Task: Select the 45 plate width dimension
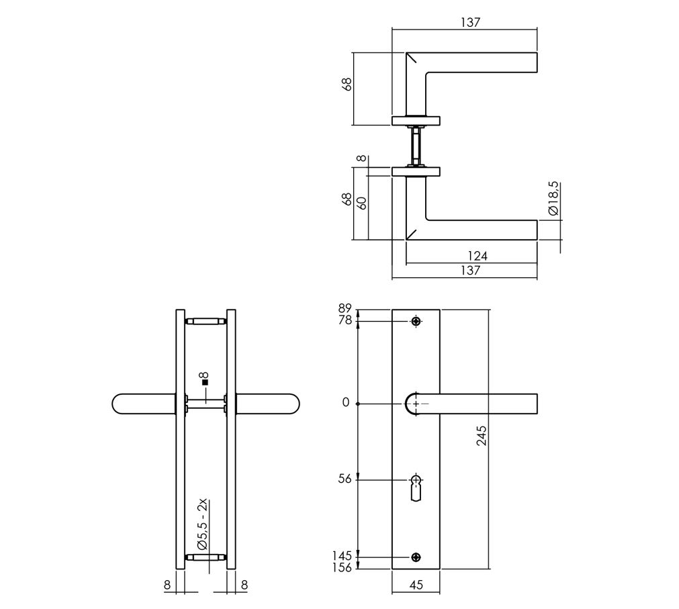[x=416, y=585]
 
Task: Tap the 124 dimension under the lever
[x=478, y=256]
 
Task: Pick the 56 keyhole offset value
[x=345, y=479]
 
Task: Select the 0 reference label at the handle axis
[x=346, y=403]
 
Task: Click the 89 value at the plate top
[x=345, y=309]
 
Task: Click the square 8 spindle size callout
[x=205, y=380]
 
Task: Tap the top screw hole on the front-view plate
[x=416, y=322]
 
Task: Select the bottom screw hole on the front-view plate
[x=416, y=557]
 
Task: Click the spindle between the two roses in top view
[x=416, y=145]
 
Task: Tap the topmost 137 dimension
[x=470, y=22]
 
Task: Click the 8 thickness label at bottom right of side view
[x=244, y=585]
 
